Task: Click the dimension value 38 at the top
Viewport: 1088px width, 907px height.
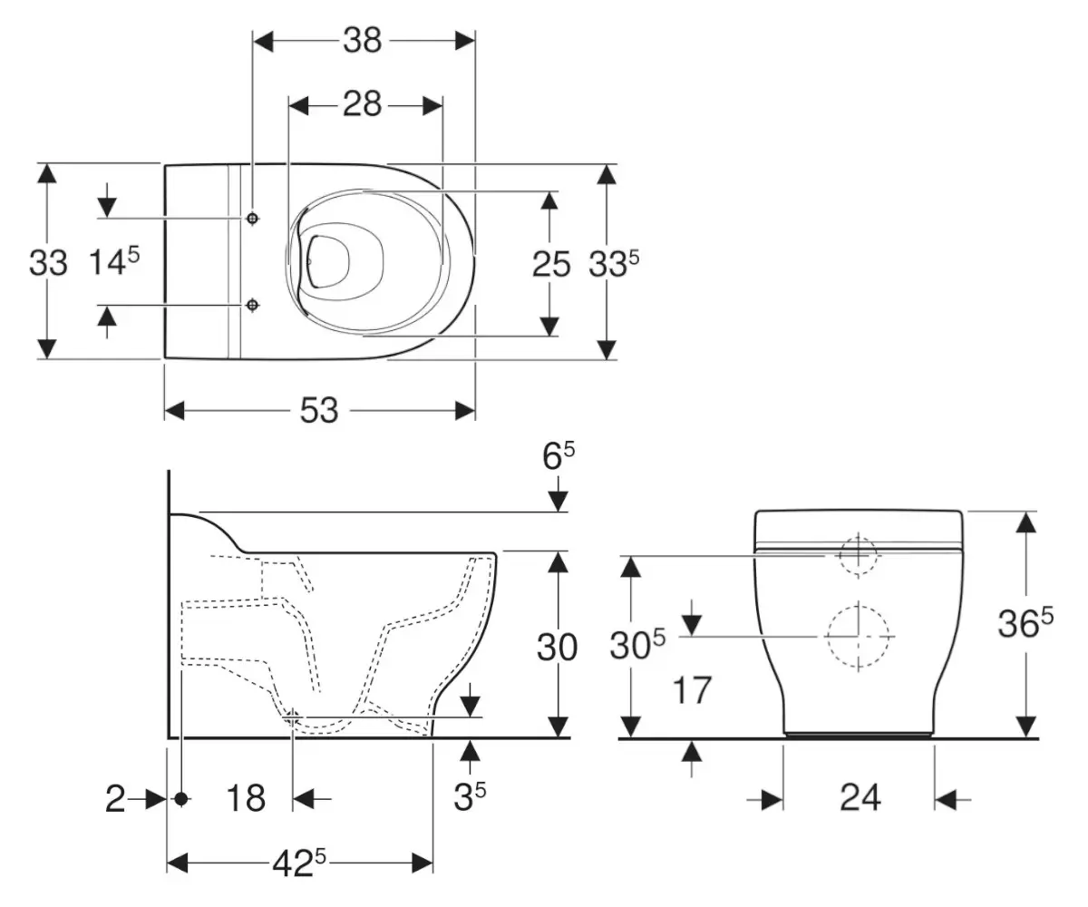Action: click(x=363, y=41)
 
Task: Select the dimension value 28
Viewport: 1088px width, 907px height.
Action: click(x=363, y=105)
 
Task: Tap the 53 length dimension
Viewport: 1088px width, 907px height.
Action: click(x=319, y=411)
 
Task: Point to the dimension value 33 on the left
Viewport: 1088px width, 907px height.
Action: click(x=48, y=264)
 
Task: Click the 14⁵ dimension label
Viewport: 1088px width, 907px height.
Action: click(x=113, y=262)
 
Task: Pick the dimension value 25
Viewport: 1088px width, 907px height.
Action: click(x=551, y=264)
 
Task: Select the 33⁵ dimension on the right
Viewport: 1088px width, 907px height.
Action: click(x=615, y=264)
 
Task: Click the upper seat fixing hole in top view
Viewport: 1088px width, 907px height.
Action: click(x=253, y=219)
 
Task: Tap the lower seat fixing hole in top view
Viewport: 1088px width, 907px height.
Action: click(x=253, y=306)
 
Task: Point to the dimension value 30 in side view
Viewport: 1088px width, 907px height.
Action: click(x=558, y=648)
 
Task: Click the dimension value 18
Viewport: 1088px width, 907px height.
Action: click(x=245, y=799)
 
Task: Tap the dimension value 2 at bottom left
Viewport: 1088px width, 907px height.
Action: click(x=114, y=799)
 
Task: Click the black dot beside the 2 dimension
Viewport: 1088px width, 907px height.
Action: click(x=180, y=799)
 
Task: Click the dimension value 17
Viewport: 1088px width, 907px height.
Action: click(x=693, y=690)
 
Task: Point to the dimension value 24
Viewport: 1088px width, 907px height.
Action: click(x=859, y=798)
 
